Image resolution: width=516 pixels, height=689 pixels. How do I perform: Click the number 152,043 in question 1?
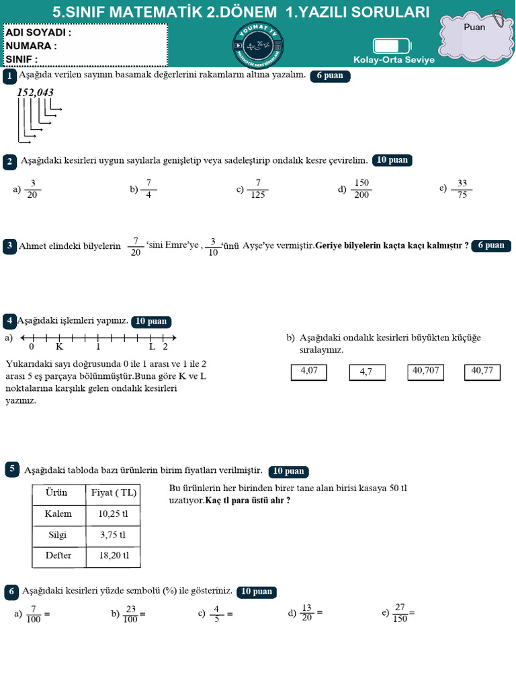(x=36, y=93)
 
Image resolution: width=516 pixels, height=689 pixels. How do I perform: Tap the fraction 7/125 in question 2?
(x=258, y=189)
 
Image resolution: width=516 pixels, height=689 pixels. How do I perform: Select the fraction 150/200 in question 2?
(x=362, y=189)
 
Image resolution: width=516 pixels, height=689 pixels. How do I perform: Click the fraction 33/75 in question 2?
(x=462, y=189)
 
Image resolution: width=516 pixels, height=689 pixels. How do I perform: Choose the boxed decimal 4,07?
(x=310, y=371)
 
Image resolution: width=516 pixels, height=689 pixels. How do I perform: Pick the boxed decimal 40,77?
(x=482, y=371)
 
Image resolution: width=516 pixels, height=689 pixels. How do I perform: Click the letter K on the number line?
(x=59, y=347)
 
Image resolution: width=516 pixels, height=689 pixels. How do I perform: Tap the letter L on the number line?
(x=152, y=347)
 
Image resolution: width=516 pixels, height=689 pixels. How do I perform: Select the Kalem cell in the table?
(x=58, y=514)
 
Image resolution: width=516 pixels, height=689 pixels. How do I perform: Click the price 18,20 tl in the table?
(x=114, y=556)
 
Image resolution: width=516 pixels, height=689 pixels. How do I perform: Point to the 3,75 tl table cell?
(x=114, y=536)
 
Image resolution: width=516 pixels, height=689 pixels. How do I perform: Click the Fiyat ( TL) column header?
(x=114, y=493)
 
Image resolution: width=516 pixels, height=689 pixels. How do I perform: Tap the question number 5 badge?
(x=12, y=470)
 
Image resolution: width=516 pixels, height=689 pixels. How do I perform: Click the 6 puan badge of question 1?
(x=330, y=76)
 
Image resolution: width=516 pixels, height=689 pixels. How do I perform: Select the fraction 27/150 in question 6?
(x=400, y=614)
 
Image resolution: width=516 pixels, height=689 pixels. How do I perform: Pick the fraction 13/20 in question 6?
(x=308, y=614)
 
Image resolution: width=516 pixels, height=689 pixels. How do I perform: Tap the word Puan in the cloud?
(x=474, y=28)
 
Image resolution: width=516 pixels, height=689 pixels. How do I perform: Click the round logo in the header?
(x=259, y=45)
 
